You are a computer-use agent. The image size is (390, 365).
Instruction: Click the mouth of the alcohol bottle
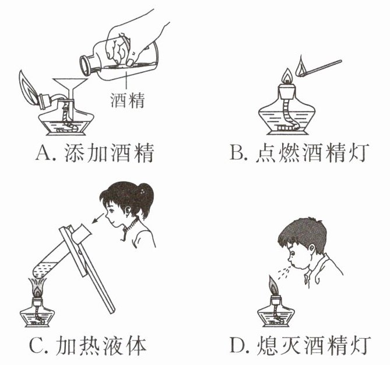(85, 65)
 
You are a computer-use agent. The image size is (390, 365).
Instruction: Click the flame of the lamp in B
(288, 75)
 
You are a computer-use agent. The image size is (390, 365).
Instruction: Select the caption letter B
(236, 152)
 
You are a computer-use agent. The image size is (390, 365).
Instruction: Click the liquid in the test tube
(45, 270)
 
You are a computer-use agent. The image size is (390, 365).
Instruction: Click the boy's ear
(311, 248)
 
